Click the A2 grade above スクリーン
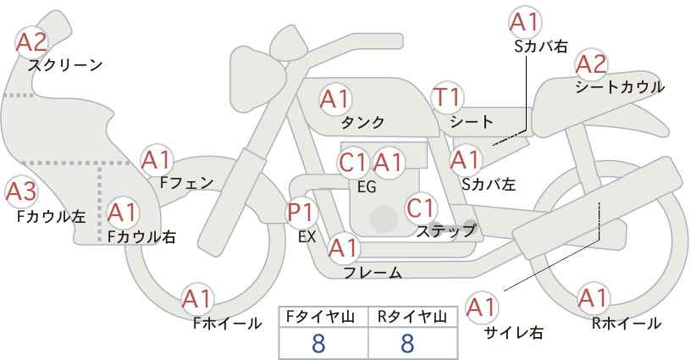coord(31,42)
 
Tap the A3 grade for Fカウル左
coord(21,191)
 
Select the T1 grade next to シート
coord(448,97)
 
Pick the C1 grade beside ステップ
coord(420,208)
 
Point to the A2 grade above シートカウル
coord(591,65)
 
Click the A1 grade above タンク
coord(335,99)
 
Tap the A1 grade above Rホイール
coord(593,298)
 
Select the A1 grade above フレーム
coord(344,248)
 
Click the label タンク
coord(362,123)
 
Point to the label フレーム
coord(373,273)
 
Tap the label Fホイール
coord(227,324)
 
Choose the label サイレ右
coord(514,332)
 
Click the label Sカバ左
coord(489,184)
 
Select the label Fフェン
coord(186,182)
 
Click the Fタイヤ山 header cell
coord(323,317)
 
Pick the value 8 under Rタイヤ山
coord(407,344)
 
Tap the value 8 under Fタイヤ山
coord(318,344)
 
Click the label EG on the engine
coord(367,187)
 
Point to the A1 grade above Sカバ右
coord(526,22)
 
